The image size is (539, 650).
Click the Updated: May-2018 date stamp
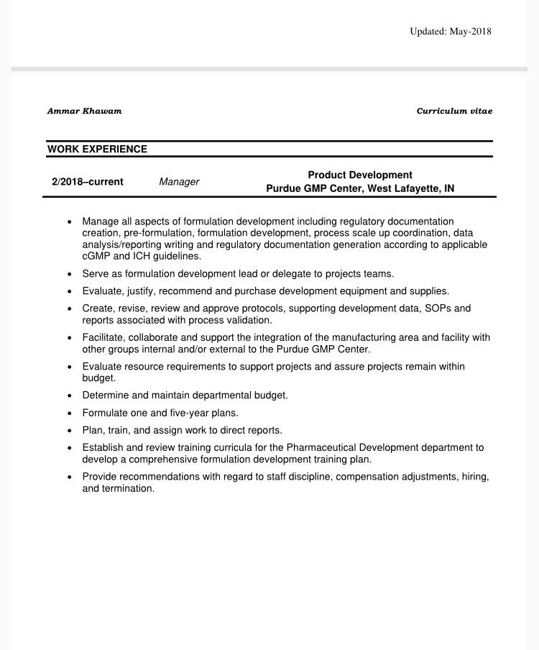pyautogui.click(x=451, y=31)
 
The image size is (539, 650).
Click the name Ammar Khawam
pyautogui.click(x=84, y=111)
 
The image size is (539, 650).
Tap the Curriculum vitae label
pyautogui.click(x=454, y=111)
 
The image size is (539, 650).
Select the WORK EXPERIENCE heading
pyautogui.click(x=97, y=149)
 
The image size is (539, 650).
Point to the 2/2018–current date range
pyautogui.click(x=87, y=182)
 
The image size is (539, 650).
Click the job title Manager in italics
pyautogui.click(x=179, y=182)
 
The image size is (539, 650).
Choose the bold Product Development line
pyautogui.click(x=360, y=175)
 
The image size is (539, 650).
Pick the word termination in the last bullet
pyautogui.click(x=129, y=488)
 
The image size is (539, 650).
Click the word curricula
pyautogui.click(x=241, y=447)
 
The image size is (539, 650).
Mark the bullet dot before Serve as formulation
pyautogui.click(x=69, y=274)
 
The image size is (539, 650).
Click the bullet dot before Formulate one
pyautogui.click(x=69, y=413)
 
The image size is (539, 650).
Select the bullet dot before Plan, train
pyautogui.click(x=69, y=431)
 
